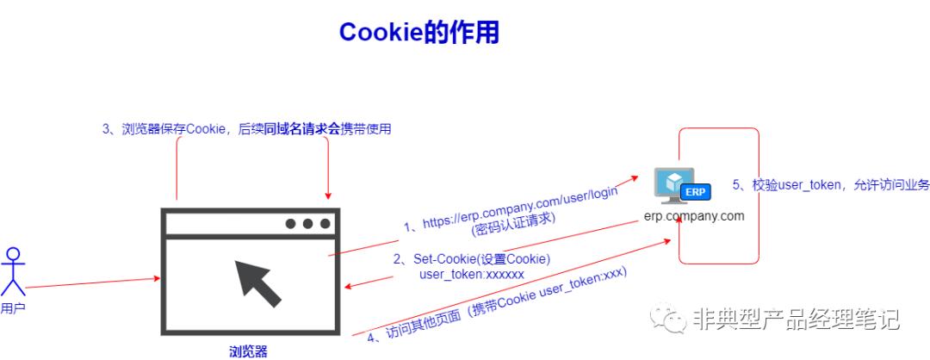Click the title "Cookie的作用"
[418, 32]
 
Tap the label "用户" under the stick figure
[12, 308]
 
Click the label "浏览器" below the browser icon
[248, 351]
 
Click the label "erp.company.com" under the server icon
[694, 215]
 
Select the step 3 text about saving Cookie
[246, 129]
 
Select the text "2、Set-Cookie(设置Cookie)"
[471, 259]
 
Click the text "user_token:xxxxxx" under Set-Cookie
[471, 274]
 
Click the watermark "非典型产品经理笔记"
[796, 320]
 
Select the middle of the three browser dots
[307, 224]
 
